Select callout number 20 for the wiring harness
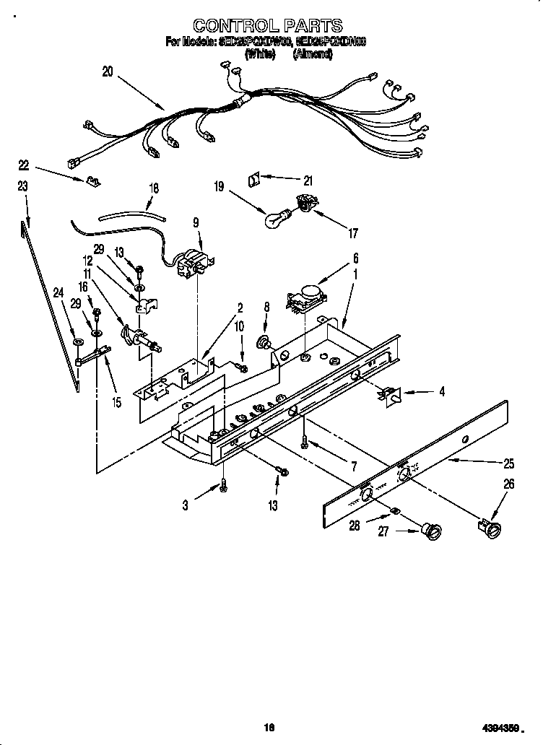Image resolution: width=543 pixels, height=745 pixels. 108,71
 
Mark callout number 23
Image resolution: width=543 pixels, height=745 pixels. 22,186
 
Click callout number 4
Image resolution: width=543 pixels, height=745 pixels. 441,392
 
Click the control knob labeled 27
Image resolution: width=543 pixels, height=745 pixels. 434,532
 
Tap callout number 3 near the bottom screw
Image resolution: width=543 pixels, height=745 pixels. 186,506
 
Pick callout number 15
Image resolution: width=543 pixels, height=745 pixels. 116,402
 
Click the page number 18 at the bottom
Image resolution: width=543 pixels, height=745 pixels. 270,728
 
